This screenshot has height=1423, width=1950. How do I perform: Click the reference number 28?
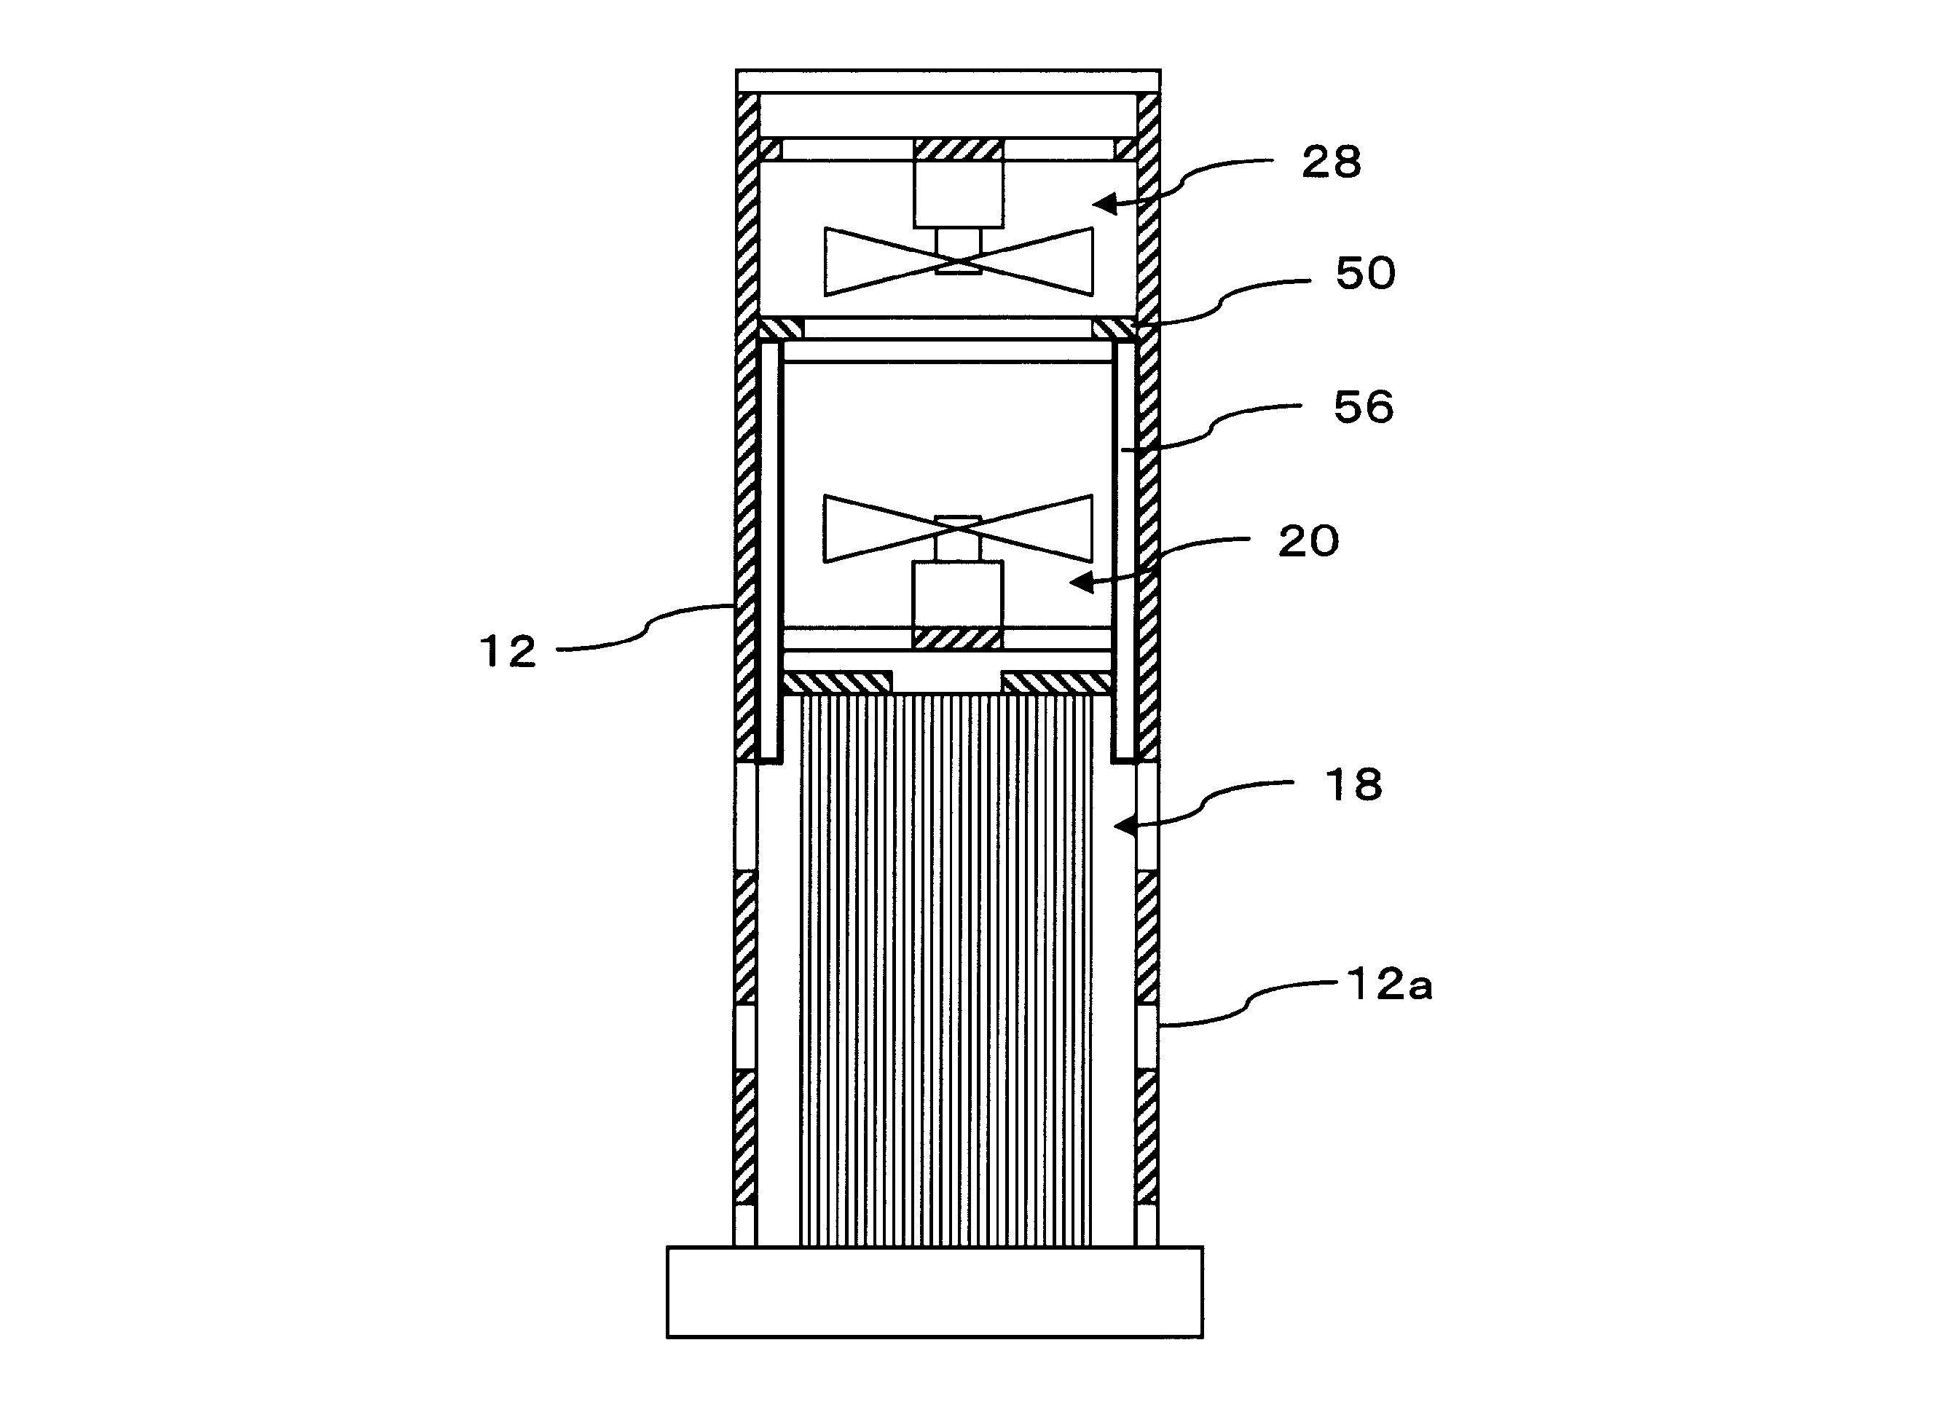pos(1332,163)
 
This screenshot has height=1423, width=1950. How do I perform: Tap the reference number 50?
pos(1366,274)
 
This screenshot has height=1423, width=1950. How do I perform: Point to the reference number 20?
pos(1309,542)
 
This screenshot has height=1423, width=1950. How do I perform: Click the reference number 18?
pos(1353,786)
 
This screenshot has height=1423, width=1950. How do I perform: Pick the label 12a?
pos(1390,985)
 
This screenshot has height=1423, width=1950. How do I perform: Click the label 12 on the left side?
pos(508,651)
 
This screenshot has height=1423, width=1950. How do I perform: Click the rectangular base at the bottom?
pos(935,1292)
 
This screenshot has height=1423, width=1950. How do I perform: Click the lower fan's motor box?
pos(958,595)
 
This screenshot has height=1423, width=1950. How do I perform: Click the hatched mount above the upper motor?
pos(958,149)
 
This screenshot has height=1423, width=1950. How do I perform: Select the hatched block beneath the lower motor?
pos(958,638)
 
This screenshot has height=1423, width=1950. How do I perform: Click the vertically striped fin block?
pos(946,971)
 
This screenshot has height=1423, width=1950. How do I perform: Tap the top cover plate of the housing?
pos(948,81)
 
